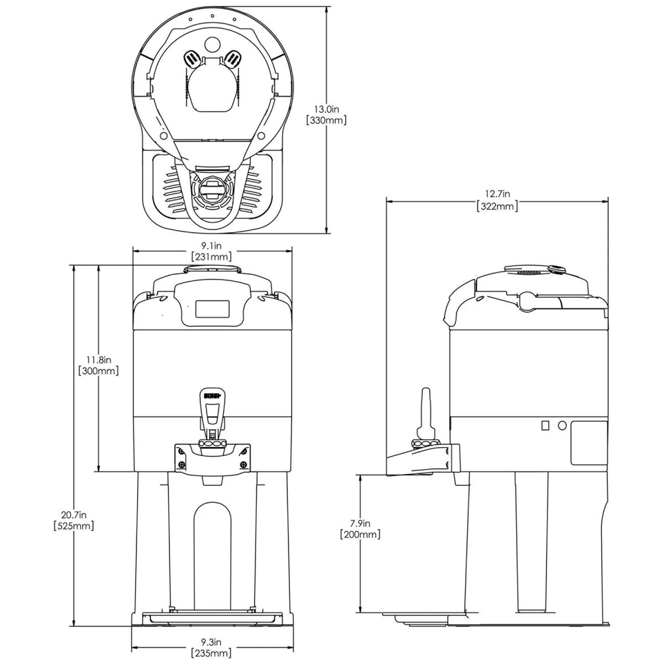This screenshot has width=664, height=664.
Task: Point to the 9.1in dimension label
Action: [x=211, y=246]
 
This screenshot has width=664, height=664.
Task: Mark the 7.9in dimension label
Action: [x=360, y=523]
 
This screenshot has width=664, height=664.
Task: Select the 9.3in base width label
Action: [x=211, y=642]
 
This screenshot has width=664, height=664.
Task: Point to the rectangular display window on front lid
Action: [x=212, y=309]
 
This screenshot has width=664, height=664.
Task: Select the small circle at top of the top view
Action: [x=212, y=43]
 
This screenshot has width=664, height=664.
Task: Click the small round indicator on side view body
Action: [x=562, y=426]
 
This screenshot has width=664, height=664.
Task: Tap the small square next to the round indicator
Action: [x=545, y=426]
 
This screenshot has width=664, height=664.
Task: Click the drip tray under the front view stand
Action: [x=212, y=615]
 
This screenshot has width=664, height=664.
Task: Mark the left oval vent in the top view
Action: [x=191, y=58]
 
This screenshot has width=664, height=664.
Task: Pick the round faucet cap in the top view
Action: [x=212, y=190]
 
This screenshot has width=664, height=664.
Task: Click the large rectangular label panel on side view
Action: [x=589, y=443]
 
